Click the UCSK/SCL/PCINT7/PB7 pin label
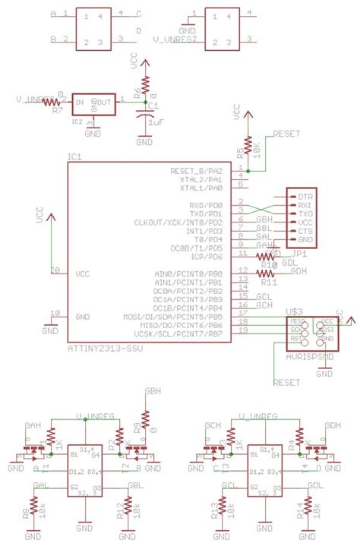[x=178, y=334]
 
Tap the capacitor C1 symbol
[x=144, y=115]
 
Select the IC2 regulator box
[x=94, y=104]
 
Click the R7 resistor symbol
[x=52, y=101]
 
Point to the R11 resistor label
[x=268, y=283]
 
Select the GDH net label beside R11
[x=298, y=271]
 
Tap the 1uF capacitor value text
[x=157, y=122]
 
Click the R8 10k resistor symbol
[x=34, y=505]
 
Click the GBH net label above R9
[x=153, y=393]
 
